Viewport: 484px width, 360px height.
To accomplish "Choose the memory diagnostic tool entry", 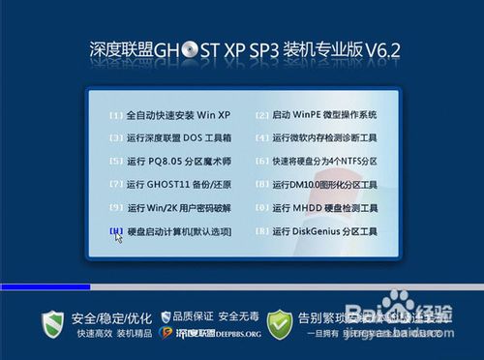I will [323, 138].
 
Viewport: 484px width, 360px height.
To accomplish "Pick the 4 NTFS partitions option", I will [323, 162].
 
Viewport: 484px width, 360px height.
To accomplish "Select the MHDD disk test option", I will [323, 208].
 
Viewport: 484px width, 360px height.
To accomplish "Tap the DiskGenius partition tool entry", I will [323, 232].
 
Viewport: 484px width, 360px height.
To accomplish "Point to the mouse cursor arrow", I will [117, 235].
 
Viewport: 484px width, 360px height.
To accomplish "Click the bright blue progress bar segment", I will [45, 287].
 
